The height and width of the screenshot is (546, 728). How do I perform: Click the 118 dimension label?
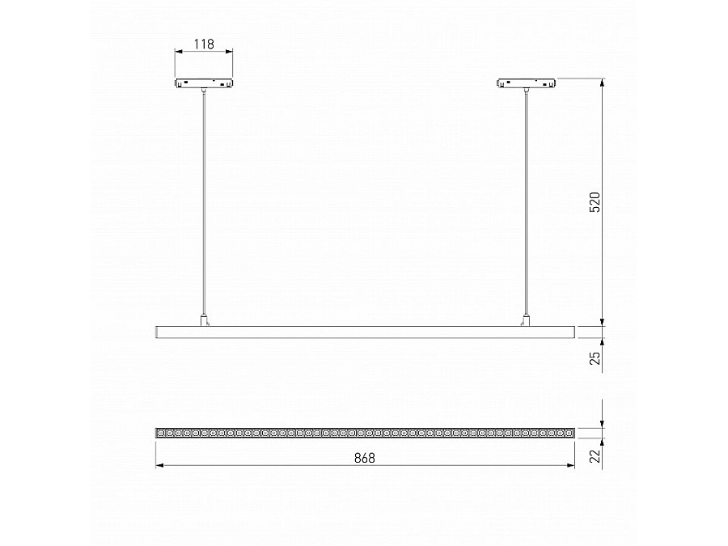click(x=204, y=44)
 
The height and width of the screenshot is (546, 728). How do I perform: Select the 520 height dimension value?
click(x=594, y=202)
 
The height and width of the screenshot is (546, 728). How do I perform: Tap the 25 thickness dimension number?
click(x=594, y=358)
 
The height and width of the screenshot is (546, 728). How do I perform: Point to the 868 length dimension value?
click(x=365, y=457)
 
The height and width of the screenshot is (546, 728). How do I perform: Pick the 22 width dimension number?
click(x=594, y=457)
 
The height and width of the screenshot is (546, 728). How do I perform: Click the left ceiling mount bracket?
click(x=203, y=83)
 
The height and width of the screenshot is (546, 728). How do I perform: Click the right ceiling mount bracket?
click(x=527, y=83)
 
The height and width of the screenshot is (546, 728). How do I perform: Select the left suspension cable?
click(x=204, y=202)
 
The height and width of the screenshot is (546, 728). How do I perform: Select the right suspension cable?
click(x=527, y=202)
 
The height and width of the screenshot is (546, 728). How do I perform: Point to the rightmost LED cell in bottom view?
click(x=569, y=434)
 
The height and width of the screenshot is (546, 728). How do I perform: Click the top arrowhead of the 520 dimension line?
click(x=603, y=82)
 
